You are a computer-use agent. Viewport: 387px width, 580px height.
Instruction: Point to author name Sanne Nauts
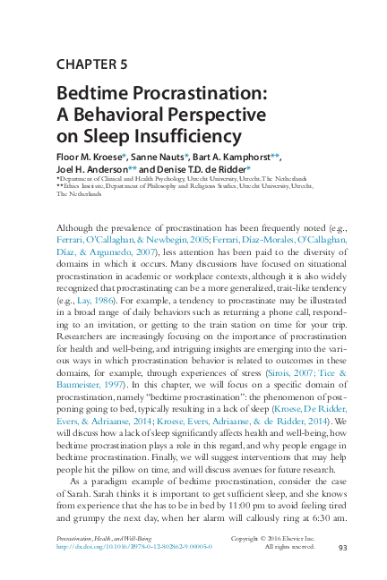coord(160,156)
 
